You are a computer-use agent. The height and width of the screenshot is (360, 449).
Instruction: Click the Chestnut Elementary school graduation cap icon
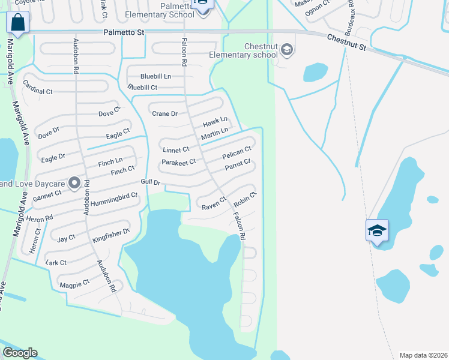pos(287,49)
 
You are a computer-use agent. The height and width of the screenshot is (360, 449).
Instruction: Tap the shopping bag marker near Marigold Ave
pos(17,23)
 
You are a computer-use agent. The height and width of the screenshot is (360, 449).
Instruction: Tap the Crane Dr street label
pos(164,113)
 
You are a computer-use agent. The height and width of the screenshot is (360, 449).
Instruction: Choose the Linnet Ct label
pos(175,149)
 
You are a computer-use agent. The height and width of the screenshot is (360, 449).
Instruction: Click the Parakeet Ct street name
pos(179,162)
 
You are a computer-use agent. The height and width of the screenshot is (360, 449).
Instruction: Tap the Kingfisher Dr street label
pos(111,235)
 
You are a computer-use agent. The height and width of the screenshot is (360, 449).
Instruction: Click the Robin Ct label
pos(246,199)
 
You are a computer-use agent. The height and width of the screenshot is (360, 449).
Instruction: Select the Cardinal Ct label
pos(38,88)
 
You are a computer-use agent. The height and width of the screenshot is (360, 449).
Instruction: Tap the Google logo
pos(20,353)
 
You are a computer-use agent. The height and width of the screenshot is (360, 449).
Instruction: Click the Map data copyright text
pos(423,355)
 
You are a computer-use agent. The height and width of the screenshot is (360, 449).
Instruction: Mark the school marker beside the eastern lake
pos(377,231)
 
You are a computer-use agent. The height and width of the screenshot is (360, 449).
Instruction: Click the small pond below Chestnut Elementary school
pos(315,72)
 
